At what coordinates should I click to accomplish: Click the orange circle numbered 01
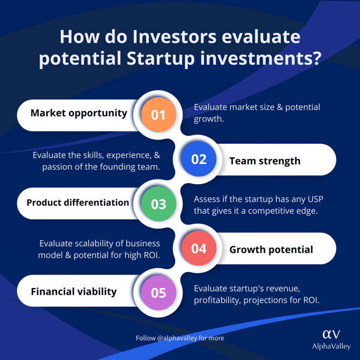tap(158, 115)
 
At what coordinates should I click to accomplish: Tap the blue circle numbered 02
tap(199, 159)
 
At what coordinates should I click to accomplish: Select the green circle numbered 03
tap(158, 204)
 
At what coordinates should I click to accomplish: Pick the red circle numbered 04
tap(199, 248)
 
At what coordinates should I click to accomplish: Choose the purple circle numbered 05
tap(158, 293)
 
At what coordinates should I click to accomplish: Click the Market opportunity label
tap(79, 113)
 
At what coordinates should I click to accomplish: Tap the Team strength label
tap(265, 161)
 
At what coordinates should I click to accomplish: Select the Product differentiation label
tap(78, 203)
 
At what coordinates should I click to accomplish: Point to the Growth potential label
tap(271, 250)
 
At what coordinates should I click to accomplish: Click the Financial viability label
tap(74, 292)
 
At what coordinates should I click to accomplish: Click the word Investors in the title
tap(174, 37)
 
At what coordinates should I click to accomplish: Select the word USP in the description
tap(315, 199)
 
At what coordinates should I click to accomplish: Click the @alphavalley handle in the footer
tap(177, 338)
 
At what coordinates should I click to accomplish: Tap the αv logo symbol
tap(331, 334)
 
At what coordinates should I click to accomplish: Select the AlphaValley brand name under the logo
tap(331, 346)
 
